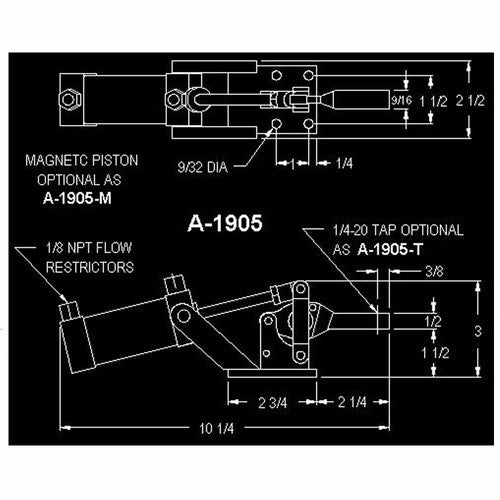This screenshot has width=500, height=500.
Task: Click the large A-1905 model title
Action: pos(225,223)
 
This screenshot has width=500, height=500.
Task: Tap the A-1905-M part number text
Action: pos(77,199)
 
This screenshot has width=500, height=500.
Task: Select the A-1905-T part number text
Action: pos(390,249)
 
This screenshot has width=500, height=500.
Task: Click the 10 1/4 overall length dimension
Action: pos(217,428)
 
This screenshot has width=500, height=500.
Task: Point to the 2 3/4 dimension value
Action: pos(272,403)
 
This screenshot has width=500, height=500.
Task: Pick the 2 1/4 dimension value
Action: pos(352,402)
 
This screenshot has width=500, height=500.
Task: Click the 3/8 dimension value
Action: pos(434,272)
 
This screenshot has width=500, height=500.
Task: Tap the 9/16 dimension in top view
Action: pos(401,100)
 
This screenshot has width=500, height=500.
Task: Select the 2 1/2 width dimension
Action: pos(470,100)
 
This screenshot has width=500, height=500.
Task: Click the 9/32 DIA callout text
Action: pos(203,167)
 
